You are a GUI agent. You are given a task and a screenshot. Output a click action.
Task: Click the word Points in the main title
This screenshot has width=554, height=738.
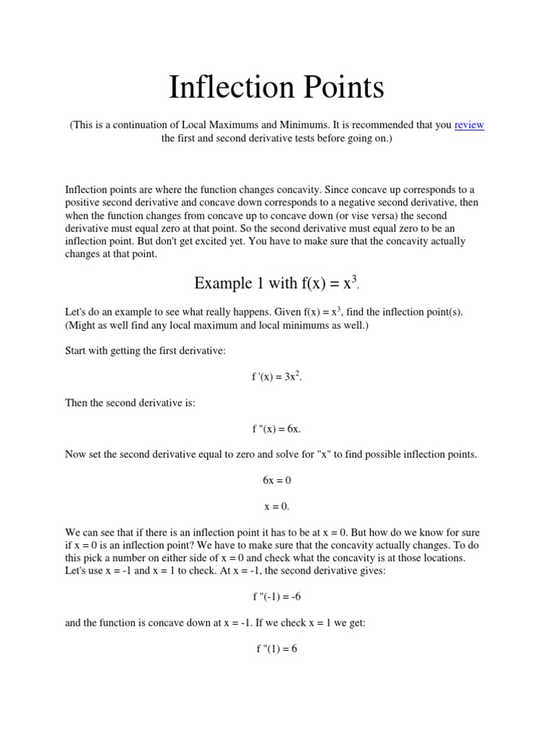point(338,87)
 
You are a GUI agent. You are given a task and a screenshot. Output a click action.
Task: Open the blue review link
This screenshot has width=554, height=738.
point(469,125)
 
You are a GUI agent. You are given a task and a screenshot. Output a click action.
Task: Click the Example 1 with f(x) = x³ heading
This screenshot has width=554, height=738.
point(276,283)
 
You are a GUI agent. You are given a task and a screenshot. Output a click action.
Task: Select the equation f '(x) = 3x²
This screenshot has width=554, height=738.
point(276,376)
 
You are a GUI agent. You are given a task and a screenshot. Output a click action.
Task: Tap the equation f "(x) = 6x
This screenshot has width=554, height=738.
point(276,429)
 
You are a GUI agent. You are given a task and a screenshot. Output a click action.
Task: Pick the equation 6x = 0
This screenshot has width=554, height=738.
point(276,480)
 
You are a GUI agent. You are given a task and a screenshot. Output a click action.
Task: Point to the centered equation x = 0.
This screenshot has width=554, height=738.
point(276,506)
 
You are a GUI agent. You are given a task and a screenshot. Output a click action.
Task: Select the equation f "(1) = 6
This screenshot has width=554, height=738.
point(276,649)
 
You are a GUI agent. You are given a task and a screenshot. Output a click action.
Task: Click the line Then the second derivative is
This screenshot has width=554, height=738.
point(131,403)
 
